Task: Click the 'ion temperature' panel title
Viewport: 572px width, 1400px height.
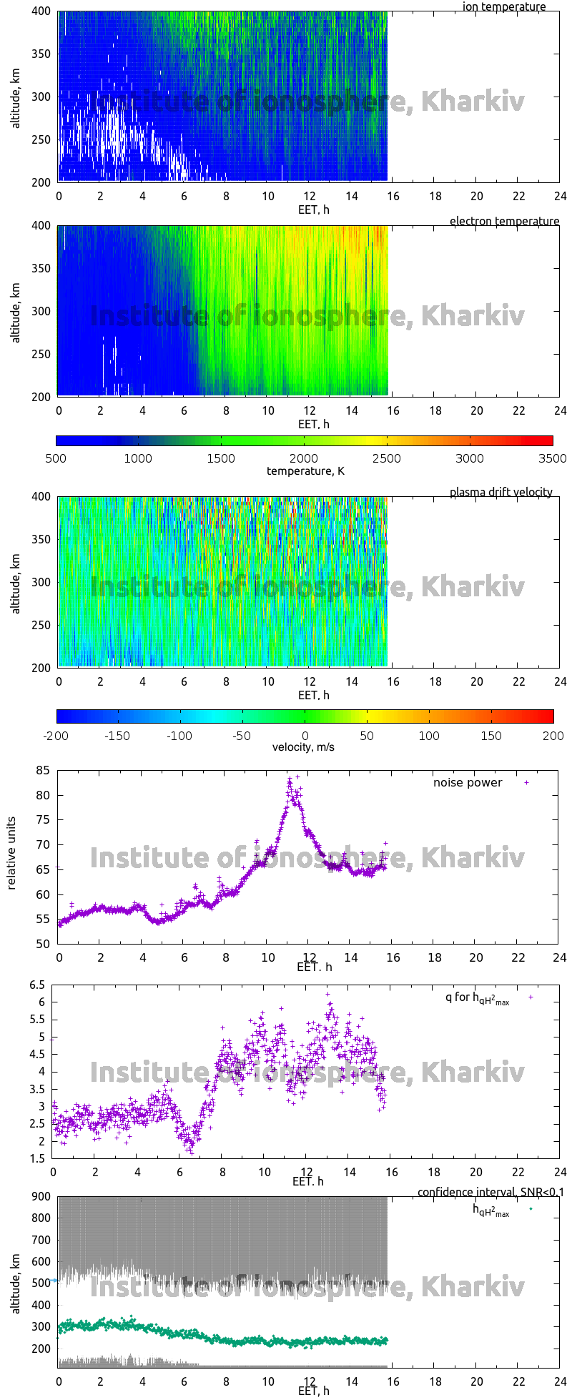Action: coord(504,7)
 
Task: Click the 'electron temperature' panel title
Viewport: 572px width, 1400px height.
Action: coord(504,221)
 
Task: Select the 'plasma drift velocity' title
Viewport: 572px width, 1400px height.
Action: coord(500,492)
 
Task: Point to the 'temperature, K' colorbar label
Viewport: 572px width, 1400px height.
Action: coord(305,470)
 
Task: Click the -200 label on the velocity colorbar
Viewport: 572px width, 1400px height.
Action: coord(56,735)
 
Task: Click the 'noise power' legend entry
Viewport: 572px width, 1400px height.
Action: coord(468,782)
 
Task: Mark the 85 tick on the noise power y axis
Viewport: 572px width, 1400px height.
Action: coord(42,770)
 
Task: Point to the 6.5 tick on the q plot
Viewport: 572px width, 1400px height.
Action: coord(36,985)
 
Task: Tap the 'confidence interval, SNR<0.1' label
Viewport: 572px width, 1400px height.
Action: coord(490,1192)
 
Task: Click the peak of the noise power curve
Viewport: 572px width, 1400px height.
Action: coord(290,779)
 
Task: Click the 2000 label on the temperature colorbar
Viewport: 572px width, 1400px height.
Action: coord(304,458)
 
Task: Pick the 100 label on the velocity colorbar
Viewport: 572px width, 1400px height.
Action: coord(429,735)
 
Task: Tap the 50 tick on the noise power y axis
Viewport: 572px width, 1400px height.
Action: coord(42,944)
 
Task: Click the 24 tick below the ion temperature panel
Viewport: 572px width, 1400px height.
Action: coord(560,196)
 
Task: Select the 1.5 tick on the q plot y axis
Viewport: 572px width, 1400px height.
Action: coord(36,1158)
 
